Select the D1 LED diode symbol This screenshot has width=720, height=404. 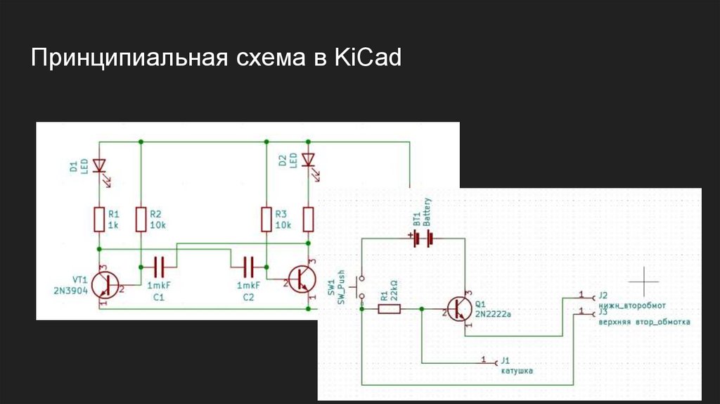pyautogui.click(x=99, y=167)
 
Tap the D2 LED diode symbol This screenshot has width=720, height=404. pyautogui.click(x=308, y=160)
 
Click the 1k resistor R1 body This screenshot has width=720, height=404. pyautogui.click(x=99, y=220)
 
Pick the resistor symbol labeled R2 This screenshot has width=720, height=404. pyautogui.click(x=141, y=220)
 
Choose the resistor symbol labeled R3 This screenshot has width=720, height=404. pyautogui.click(x=266, y=220)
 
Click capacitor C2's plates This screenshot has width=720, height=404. pyautogui.click(x=247, y=266)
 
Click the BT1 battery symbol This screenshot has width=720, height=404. pyautogui.click(x=422, y=239)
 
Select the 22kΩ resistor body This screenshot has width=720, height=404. pyautogui.click(x=389, y=308)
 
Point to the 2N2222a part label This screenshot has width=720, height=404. pyautogui.click(x=493, y=314)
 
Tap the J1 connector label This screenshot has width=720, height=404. pyautogui.click(x=504, y=360)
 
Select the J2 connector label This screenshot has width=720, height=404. pyautogui.click(x=602, y=296)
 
